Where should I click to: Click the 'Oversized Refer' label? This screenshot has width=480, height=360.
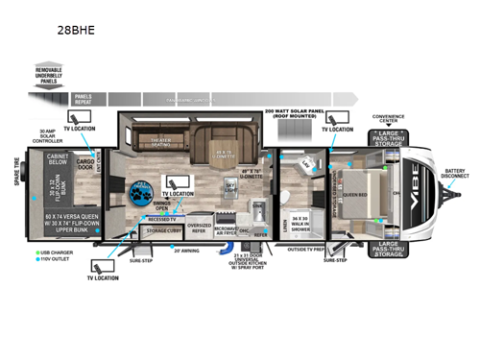[200, 228]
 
